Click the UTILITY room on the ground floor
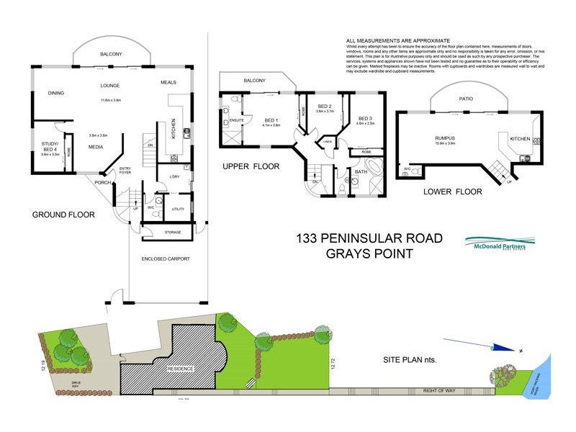tap(178, 210)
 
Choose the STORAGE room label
tap(173, 232)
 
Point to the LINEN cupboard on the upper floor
tap(327, 142)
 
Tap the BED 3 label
tap(364, 118)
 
